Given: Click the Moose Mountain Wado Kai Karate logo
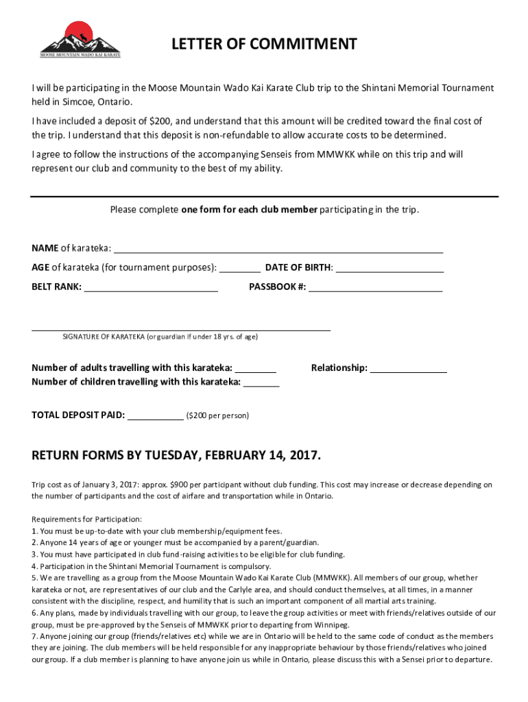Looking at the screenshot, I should (80, 39).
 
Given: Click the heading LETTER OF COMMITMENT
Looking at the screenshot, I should (264, 45).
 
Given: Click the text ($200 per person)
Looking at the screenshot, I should (218, 416).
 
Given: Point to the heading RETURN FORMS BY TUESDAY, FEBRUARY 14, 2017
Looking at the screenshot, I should (176, 456).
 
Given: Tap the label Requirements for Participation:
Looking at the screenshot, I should (86, 519).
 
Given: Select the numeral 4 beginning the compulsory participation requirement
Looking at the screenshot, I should (34, 566).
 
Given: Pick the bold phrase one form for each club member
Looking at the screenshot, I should (249, 210).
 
